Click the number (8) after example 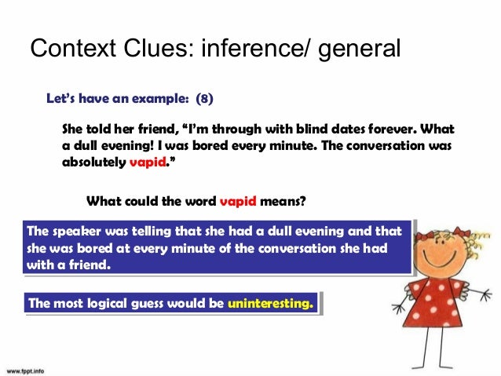tap(203, 100)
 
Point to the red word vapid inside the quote tap(148, 164)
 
